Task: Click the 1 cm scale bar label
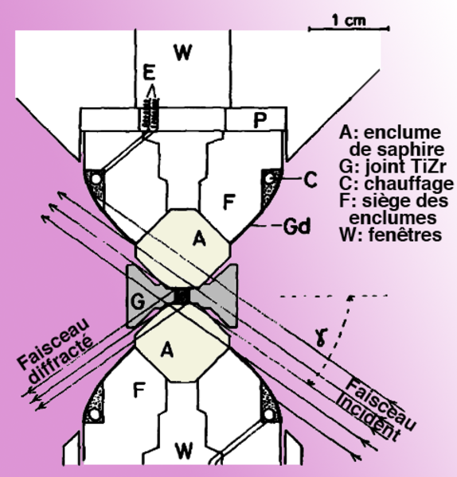(348, 21)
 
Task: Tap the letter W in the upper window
(183, 52)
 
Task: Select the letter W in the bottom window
(184, 451)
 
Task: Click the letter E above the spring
(149, 72)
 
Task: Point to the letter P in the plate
(260, 120)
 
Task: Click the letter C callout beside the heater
(311, 180)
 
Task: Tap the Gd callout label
(297, 227)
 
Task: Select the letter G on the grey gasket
(138, 302)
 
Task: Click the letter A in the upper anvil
(199, 238)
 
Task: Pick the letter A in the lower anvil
(166, 350)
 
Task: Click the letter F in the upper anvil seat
(228, 202)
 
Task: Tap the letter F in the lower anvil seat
(139, 390)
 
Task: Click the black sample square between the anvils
(182, 296)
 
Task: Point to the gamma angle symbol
(320, 337)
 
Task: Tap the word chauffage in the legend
(409, 184)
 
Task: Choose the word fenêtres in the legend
(405, 235)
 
